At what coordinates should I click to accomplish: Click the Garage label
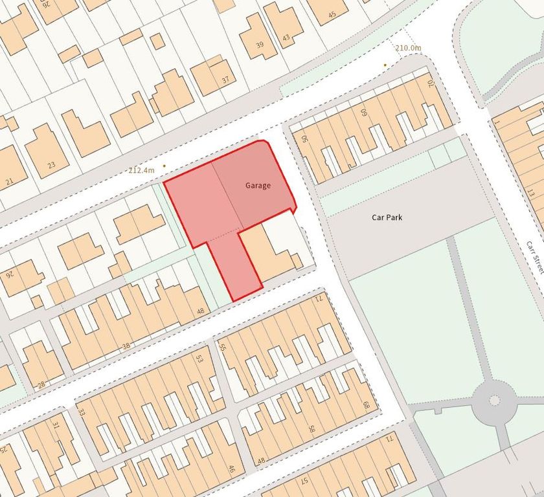(x=258, y=186)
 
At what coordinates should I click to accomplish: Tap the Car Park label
(x=387, y=217)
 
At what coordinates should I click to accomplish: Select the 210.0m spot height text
(x=408, y=48)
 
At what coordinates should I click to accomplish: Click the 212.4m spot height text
(x=142, y=170)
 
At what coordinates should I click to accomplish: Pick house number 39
(x=260, y=44)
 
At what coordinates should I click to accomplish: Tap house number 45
(x=332, y=14)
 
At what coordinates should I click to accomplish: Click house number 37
(x=225, y=80)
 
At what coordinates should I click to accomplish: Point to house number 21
(x=9, y=182)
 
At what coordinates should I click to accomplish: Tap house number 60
(x=363, y=111)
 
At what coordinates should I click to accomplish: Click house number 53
(x=200, y=358)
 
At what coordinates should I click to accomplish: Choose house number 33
(x=82, y=412)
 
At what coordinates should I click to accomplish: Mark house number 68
(x=366, y=406)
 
